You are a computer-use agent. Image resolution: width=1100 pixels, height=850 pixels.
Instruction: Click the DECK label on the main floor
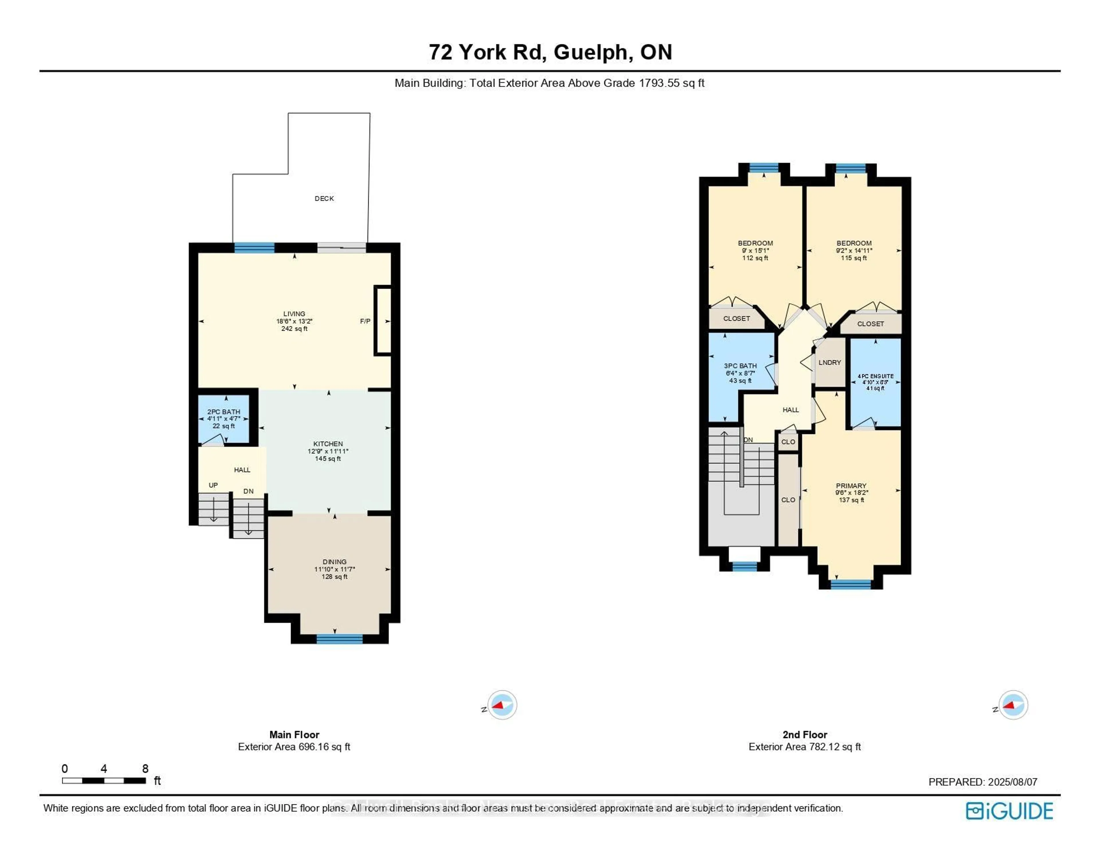324,199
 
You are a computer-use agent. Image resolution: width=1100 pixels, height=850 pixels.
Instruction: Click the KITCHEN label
328,444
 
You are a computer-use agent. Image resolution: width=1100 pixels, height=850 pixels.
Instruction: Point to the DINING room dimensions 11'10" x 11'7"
334,569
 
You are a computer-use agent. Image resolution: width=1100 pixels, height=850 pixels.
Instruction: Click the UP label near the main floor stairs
213,485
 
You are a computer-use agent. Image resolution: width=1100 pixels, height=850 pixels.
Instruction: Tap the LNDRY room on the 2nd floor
830,362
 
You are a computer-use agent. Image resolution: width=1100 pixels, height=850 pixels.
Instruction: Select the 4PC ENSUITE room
875,382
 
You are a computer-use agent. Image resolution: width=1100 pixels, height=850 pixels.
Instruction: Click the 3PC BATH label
740,366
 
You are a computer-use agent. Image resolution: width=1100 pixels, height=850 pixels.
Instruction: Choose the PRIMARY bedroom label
851,486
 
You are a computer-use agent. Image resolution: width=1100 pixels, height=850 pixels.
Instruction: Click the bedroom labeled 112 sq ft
755,250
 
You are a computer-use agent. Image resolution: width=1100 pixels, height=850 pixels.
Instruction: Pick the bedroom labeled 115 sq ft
854,250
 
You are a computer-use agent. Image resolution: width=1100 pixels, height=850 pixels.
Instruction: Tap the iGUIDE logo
1009,811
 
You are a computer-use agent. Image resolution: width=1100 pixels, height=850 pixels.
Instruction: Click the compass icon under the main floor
502,705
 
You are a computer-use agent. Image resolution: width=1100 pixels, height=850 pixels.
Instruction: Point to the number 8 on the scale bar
145,768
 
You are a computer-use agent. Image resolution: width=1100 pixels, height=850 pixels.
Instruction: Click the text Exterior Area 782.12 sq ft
804,747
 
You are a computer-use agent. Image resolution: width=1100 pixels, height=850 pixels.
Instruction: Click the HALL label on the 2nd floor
790,410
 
